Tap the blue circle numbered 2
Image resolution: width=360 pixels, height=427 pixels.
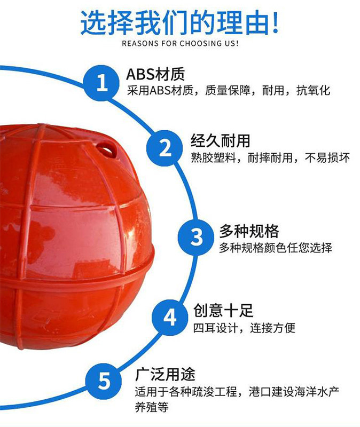pos(166,147)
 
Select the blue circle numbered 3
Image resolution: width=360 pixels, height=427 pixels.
pos(197,237)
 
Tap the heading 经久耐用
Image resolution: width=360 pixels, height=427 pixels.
pos(221,141)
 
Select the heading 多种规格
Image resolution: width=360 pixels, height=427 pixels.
pos(249,231)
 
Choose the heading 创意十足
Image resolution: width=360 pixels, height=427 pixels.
pos(223,310)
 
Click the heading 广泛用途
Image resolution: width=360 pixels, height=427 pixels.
pos(165,373)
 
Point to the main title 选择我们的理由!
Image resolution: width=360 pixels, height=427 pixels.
pos(180,23)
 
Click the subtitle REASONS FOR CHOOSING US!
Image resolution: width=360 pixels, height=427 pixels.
pos(180,43)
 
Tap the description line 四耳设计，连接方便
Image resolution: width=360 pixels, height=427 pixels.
pos(244,328)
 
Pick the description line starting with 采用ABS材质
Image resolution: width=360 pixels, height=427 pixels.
pos(229,90)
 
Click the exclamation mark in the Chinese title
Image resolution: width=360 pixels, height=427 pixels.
pos(274,23)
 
